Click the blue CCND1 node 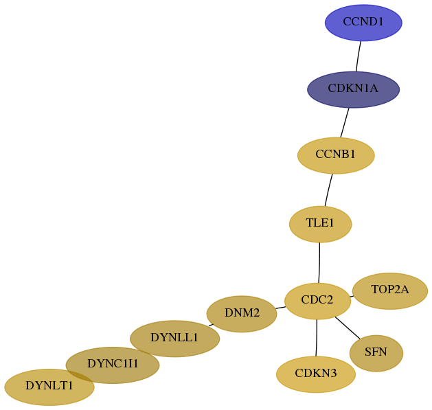pos(363,23)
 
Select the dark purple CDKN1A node pos(353,89)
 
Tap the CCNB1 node pos(336,155)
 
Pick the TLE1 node pos(320,224)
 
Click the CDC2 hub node pos(318,301)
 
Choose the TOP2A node pos(390,291)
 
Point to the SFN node pos(376,353)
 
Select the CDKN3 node pos(316,374)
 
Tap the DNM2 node pos(242,314)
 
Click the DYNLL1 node pos(174,339)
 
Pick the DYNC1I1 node pos(113,365)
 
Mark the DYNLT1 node pos(49,387)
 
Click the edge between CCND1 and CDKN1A pos(358,56)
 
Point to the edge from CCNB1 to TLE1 pos(328,190)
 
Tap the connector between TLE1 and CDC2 pos(319,262)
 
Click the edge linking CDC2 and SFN pos(348,328)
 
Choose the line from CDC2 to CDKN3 pos(317,338)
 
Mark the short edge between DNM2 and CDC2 pos(280,308)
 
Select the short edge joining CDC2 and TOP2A pos(352,297)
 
